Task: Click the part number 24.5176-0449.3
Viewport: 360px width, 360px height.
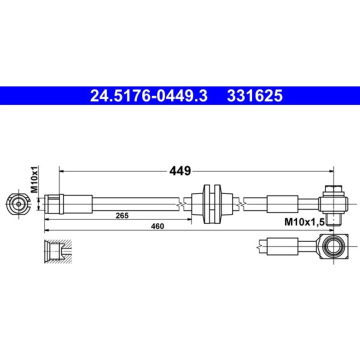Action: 148,95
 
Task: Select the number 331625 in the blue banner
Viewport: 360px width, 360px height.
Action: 255,95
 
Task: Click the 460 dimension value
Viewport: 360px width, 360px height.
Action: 158,226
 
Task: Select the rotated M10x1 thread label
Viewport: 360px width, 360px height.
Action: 35,180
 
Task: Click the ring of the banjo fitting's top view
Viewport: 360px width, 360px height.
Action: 331,245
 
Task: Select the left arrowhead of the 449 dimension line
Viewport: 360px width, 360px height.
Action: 62,171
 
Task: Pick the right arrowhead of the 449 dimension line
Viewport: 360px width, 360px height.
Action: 330,171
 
